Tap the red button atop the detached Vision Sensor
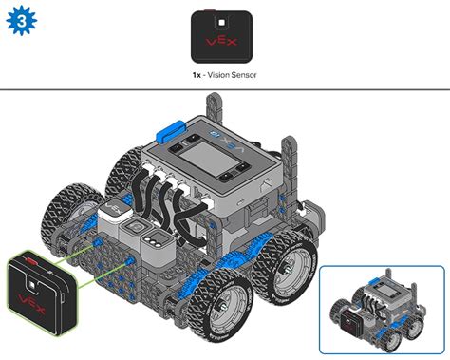click(x=31, y=257)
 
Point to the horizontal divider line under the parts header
click(x=225, y=90)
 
